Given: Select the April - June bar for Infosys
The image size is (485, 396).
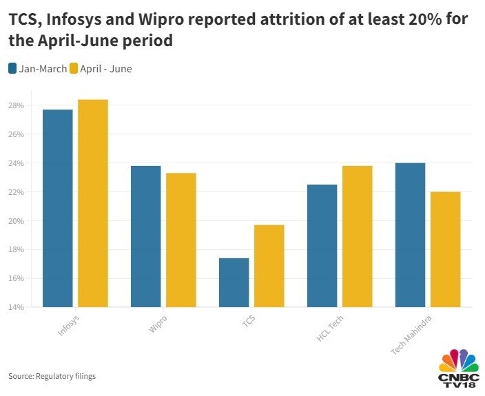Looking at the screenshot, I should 92,203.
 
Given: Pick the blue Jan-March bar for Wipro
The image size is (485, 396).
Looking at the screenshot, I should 145,236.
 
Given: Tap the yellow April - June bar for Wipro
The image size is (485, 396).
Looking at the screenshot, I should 180,240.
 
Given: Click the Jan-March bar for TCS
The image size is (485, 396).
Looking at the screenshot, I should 234,282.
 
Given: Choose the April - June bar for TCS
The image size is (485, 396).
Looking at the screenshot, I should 269,266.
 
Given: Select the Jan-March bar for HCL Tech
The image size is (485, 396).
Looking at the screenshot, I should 322,245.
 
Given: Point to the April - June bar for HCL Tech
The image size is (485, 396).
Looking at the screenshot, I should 357,236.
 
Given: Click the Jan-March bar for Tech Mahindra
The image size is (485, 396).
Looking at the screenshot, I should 410,235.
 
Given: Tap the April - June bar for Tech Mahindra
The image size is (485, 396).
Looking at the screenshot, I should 445,249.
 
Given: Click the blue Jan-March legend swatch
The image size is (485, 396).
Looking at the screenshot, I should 13,68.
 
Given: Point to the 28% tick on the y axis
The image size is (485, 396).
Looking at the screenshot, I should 17,105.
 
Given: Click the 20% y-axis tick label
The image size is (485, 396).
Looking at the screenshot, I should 17,220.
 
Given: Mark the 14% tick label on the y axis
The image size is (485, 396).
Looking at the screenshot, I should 17,307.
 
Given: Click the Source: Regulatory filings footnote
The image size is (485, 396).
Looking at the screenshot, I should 52,376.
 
